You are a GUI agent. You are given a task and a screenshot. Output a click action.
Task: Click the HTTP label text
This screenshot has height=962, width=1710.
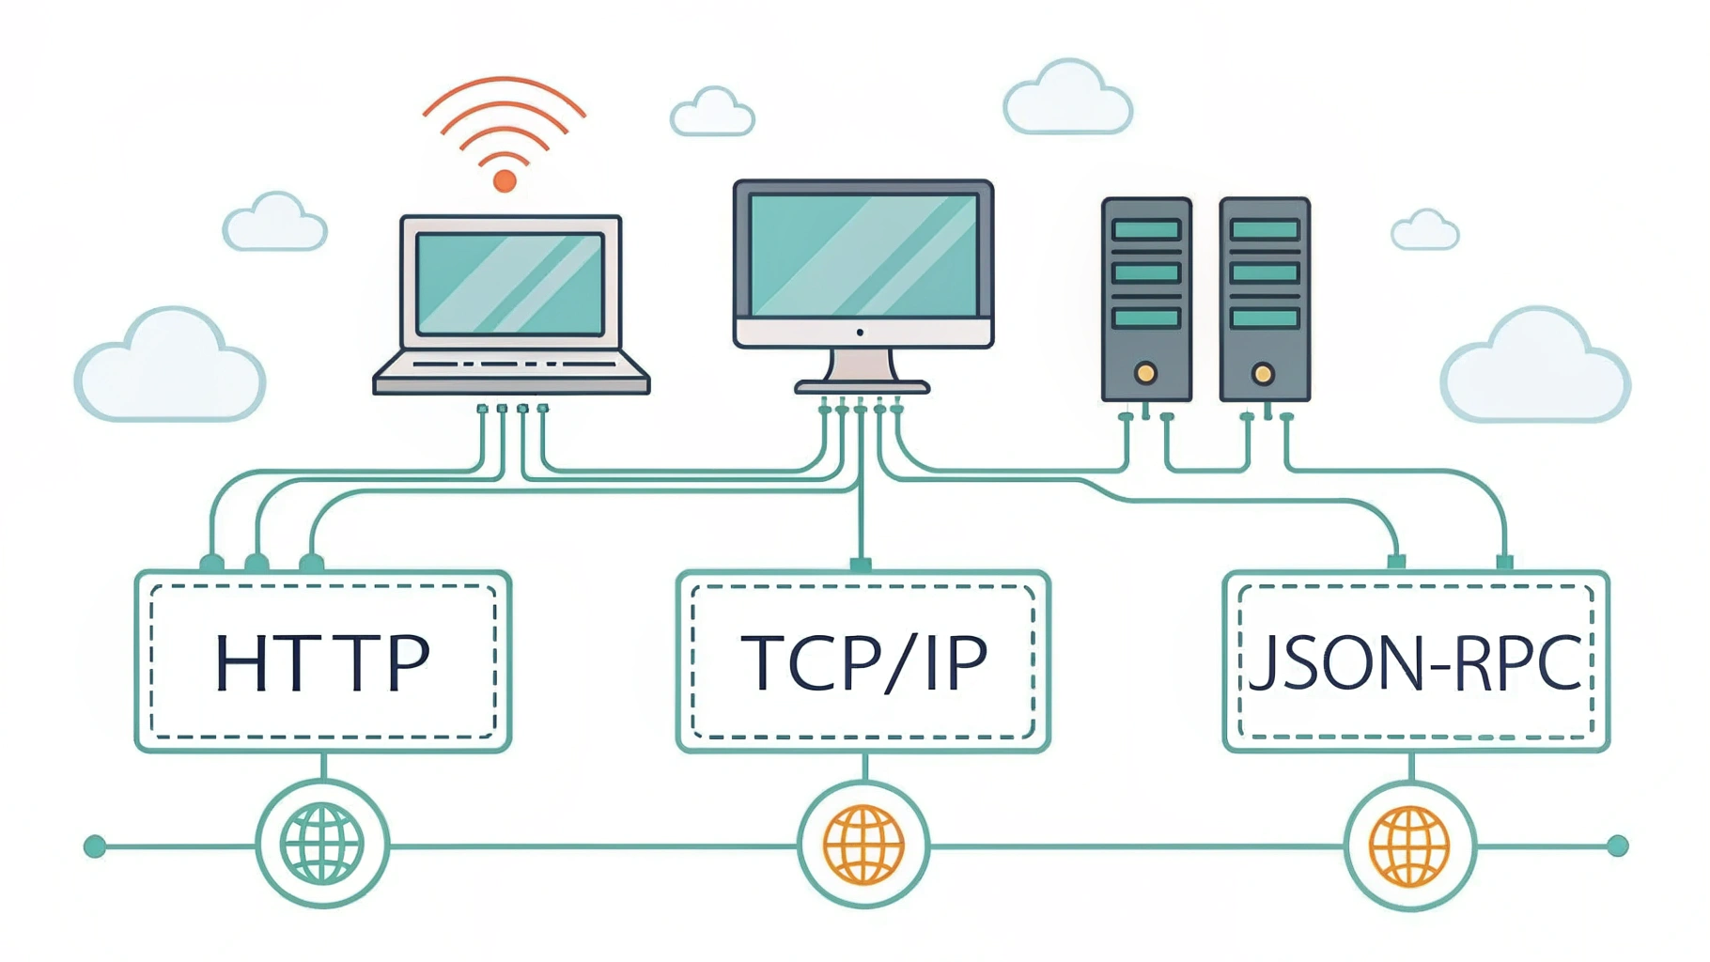coord(322,663)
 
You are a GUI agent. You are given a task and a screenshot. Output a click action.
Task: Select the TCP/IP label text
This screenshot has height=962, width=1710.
coord(863,663)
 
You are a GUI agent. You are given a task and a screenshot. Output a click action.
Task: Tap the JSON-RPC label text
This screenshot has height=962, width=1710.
coord(1415,663)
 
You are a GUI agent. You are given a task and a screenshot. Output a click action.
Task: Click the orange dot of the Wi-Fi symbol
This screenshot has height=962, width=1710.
coord(505,180)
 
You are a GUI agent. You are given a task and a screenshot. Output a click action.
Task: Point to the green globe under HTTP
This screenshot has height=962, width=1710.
coord(322,844)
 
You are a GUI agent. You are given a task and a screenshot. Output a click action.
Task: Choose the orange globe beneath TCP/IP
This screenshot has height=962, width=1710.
coord(863,845)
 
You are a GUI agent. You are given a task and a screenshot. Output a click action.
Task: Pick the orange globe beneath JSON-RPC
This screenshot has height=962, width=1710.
coord(1409,846)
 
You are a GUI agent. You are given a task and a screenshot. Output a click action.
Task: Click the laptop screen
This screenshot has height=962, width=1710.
coord(509,283)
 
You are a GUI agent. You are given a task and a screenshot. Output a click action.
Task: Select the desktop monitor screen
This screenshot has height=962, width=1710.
coord(863,255)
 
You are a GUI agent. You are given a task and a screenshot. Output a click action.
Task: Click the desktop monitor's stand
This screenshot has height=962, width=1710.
coord(862,370)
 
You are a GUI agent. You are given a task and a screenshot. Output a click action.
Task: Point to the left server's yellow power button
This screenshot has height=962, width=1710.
coord(1145,373)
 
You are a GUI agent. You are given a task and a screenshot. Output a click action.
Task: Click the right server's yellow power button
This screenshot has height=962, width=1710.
coord(1264,374)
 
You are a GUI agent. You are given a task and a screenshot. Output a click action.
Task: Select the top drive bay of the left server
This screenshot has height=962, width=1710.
coord(1146,229)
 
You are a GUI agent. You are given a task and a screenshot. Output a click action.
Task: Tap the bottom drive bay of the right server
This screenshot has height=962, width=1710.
coord(1265,318)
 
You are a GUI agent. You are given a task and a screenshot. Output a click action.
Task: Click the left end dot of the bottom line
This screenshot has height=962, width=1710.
coord(95,846)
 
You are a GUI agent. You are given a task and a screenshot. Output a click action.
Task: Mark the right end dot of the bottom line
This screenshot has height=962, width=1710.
coord(1617,846)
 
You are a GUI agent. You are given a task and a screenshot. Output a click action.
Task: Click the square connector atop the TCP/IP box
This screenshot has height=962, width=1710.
coord(861,565)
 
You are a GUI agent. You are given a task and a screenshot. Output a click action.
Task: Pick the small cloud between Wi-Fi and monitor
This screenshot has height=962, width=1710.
coord(712,113)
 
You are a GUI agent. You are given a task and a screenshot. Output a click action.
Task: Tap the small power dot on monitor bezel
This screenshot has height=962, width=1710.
coord(860,332)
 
